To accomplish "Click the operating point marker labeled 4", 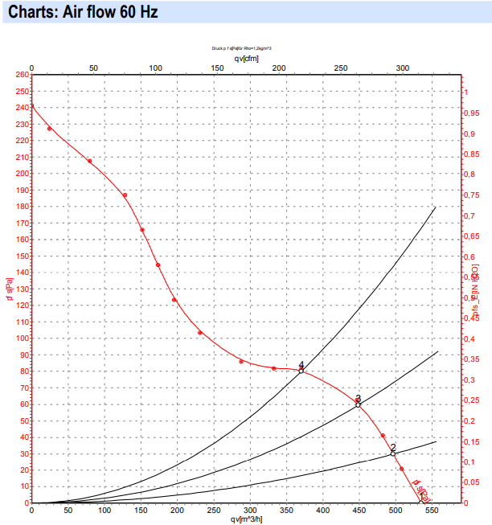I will [x=301, y=371].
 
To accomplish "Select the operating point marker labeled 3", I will [x=359, y=404].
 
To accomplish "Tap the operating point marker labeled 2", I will [x=393, y=453].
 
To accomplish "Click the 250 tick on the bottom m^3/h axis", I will [x=213, y=511].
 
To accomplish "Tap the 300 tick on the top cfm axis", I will [x=403, y=68].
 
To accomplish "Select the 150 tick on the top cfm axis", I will [x=217, y=68].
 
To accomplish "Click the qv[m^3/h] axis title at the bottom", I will [x=246, y=519].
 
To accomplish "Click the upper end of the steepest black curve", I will [x=436, y=207].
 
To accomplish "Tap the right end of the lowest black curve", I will [x=437, y=441].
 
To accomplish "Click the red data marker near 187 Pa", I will [x=125, y=195].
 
